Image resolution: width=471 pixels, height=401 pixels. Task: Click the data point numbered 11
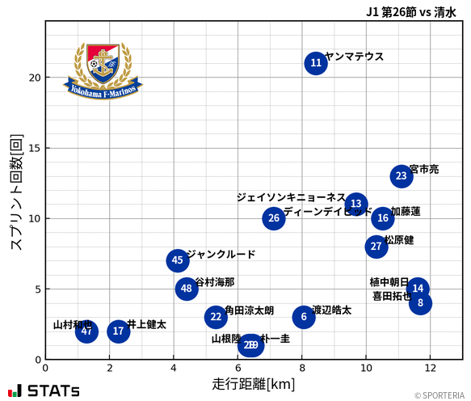(x=316, y=63)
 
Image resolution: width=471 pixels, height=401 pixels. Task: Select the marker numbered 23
(x=402, y=176)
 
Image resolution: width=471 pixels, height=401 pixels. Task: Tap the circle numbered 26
(x=274, y=218)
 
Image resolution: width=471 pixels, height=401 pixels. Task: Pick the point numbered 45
(x=178, y=260)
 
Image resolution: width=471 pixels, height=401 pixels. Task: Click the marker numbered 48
(x=187, y=289)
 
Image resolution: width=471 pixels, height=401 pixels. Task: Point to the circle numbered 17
(x=119, y=331)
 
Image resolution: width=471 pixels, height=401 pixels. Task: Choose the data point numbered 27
(x=376, y=247)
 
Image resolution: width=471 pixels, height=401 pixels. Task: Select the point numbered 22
(x=215, y=317)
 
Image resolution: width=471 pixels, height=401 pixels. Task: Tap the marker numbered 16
(x=383, y=218)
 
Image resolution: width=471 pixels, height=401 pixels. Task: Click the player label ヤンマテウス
(x=354, y=57)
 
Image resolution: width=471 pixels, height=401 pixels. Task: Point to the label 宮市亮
(x=424, y=170)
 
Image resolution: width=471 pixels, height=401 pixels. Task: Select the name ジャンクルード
(x=221, y=254)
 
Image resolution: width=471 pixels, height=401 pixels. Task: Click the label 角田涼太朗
(x=249, y=310)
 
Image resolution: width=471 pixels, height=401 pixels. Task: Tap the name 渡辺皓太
(x=331, y=310)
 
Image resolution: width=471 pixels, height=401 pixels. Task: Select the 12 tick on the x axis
(x=430, y=369)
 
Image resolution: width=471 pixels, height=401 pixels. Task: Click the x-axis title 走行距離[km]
(x=253, y=383)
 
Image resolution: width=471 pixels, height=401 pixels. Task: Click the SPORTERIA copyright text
(x=440, y=395)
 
